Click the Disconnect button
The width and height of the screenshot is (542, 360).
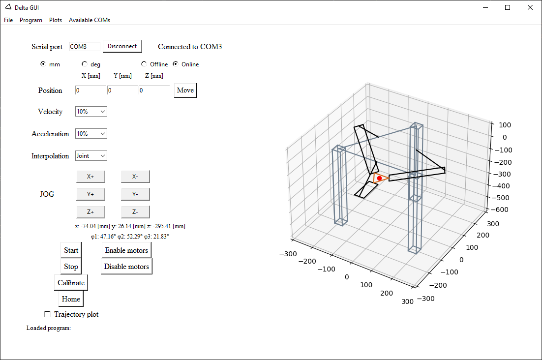pyautogui.click(x=122, y=46)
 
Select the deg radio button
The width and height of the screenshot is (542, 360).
pyautogui.click(x=84, y=64)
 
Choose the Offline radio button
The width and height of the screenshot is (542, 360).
pyautogui.click(x=144, y=64)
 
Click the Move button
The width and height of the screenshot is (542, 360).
pyautogui.click(x=185, y=90)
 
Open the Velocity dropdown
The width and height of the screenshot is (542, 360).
pyautogui.click(x=91, y=112)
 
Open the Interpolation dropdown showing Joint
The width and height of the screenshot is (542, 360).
pyautogui.click(x=91, y=156)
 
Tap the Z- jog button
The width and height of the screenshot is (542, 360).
pyautogui.click(x=135, y=212)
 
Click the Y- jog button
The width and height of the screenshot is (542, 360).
pyautogui.click(x=135, y=194)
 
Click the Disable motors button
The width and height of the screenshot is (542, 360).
pyautogui.click(x=126, y=267)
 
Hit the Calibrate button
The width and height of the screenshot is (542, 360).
pyautogui.click(x=71, y=283)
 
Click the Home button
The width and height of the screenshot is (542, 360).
pyautogui.click(x=71, y=299)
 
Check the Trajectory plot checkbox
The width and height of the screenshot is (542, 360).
pyautogui.click(x=47, y=314)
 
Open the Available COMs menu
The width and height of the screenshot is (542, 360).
pyautogui.click(x=90, y=20)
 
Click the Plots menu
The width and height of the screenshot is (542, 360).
pyautogui.click(x=56, y=20)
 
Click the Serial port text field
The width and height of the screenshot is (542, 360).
pyautogui.click(x=84, y=46)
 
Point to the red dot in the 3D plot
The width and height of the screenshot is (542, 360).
pyautogui.click(x=379, y=178)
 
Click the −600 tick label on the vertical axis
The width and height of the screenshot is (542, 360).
pyautogui.click(x=500, y=210)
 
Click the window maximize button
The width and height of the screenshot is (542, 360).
pyautogui.click(x=508, y=7)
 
